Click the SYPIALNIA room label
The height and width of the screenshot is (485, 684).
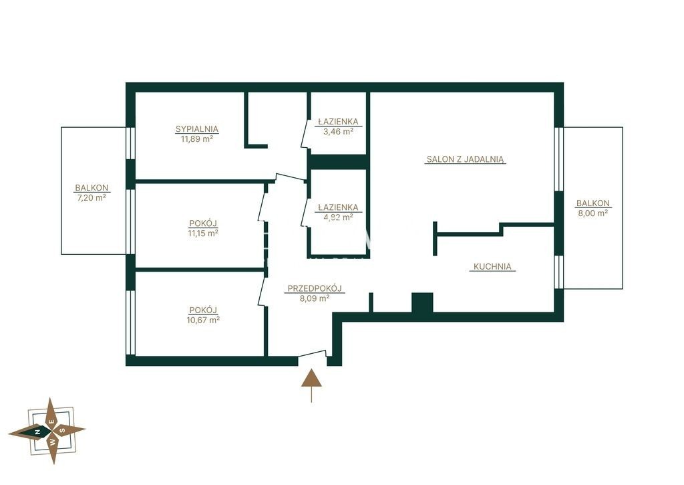197,129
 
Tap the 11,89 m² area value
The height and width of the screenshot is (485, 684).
197,139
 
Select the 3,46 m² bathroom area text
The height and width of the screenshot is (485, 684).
338,130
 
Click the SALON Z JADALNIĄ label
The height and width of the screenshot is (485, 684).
465,159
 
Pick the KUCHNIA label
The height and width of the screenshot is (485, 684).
492,266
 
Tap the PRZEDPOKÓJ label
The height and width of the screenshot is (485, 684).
315,288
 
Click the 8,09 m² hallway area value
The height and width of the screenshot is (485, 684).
314,299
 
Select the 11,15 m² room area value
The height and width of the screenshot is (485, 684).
203,233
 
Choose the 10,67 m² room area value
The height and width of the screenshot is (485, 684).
203,320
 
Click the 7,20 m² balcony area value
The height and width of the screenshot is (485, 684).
92,197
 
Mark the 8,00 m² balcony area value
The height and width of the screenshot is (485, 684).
593,213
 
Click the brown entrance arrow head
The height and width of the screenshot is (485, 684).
311,379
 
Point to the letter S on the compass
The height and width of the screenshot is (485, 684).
62,429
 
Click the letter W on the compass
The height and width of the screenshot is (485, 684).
52,442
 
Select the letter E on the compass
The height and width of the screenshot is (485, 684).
51,422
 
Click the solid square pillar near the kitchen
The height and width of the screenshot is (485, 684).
422,303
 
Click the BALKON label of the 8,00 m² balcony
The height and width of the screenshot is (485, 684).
593,203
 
